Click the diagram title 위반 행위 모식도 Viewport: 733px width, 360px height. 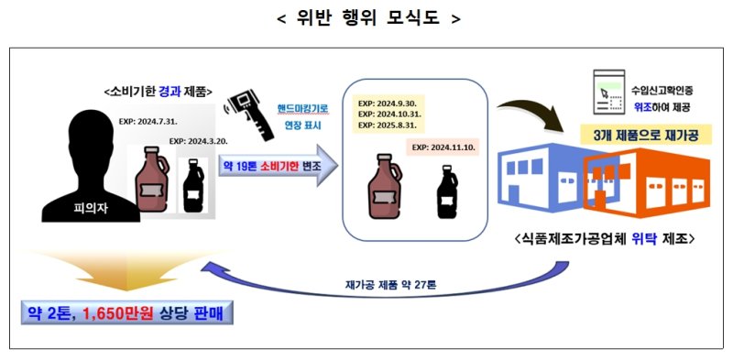(367, 18)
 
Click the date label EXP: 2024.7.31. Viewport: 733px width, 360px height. (149, 120)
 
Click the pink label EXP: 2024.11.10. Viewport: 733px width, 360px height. (443, 147)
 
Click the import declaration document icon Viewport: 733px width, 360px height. (604, 92)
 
